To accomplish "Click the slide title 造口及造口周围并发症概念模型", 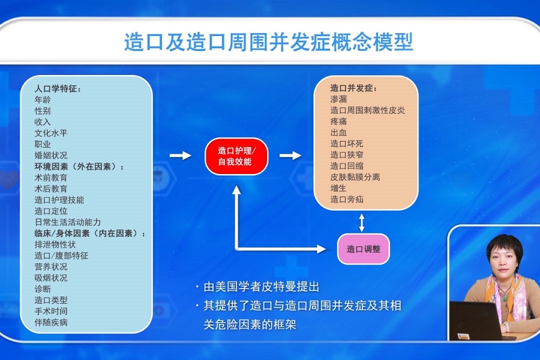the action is click(269, 42).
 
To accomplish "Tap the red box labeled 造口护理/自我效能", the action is click(236, 156).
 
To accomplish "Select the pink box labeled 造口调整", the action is click(364, 249).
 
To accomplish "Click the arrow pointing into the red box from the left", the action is click(181, 155).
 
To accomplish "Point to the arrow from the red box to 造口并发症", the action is click(290, 155).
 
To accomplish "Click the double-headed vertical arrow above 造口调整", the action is click(362, 223).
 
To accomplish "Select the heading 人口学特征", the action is click(58, 89).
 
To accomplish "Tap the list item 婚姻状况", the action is click(51, 155).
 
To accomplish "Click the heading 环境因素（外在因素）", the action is click(79, 167).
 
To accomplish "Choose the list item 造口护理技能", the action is click(59, 200).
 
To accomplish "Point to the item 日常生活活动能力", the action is click(67, 222).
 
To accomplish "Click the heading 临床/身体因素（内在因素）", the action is click(90, 233).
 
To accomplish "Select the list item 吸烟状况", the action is click(51, 278).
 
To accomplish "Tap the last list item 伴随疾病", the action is click(51, 322).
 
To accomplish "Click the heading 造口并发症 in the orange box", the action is click(353, 88).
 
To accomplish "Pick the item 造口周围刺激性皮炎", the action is click(367, 110).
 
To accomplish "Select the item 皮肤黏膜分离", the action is click(355, 177).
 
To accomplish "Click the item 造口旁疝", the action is click(347, 199).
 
